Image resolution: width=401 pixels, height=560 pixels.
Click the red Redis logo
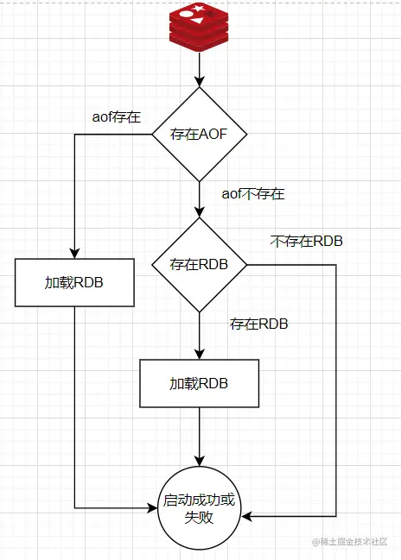point(199,27)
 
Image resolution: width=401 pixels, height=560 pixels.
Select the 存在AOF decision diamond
point(200,135)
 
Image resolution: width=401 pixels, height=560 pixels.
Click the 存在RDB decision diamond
point(200,265)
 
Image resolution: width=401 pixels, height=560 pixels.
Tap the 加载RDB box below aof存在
point(74,282)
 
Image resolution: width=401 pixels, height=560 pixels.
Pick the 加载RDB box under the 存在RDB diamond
point(200,383)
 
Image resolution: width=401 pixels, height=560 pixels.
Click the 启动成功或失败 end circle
point(200,508)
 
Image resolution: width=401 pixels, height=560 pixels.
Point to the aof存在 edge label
point(117,116)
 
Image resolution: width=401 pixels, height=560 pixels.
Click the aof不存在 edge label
point(253,194)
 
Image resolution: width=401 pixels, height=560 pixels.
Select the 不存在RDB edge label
point(307,241)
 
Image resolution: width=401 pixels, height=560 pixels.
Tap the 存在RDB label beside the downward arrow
point(259,324)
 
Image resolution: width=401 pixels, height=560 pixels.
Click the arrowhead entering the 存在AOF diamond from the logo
point(200,82)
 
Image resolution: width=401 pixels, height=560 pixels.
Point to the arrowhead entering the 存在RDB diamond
point(200,212)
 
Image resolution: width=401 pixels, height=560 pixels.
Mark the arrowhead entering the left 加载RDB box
point(74,253)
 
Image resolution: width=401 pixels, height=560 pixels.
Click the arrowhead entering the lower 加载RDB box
point(200,354)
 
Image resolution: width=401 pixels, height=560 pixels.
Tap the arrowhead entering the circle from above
point(200,461)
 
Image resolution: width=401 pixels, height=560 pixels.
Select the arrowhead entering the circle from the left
point(152,508)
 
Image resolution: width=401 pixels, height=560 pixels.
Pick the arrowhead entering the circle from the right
point(247,516)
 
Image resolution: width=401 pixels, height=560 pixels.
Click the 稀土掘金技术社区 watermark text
point(349,542)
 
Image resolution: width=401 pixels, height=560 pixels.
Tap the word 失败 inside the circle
point(199,517)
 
